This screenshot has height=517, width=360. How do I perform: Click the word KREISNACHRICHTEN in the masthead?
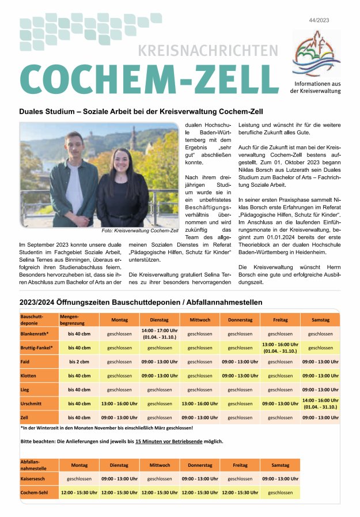pyautogui.click(x=208, y=50)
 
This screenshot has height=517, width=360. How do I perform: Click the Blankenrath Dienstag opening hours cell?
pyautogui.click(x=159, y=334)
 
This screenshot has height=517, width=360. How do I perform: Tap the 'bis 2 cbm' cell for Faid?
pyautogui.click(x=79, y=362)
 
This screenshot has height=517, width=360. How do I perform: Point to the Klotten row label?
pyautogui.click(x=30, y=376)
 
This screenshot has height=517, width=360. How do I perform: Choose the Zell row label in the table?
pyautogui.click(x=26, y=417)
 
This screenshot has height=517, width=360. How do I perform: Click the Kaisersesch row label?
pyautogui.click(x=34, y=479)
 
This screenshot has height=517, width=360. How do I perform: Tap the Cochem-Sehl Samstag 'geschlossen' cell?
pyautogui.click(x=280, y=493)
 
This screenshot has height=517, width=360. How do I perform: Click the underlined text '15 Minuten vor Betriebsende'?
pyautogui.click(x=169, y=441)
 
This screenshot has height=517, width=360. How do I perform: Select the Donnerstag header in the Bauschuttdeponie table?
pyautogui.click(x=240, y=320)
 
